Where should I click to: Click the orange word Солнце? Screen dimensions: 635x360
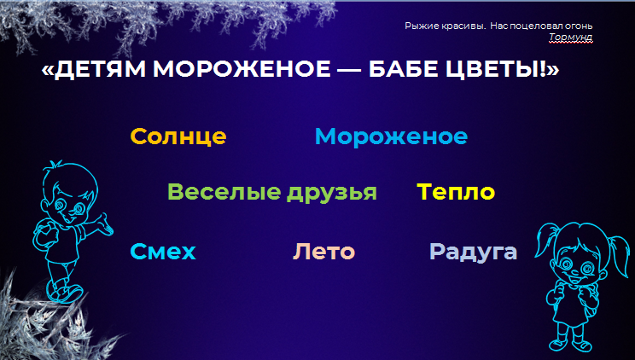coord(178,136)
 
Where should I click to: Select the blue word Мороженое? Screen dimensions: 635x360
coord(391,136)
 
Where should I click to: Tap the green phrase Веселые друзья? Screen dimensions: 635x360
coord(272,192)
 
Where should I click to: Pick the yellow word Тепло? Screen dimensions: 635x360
coord(456,192)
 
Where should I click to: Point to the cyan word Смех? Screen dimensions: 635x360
coord(163,252)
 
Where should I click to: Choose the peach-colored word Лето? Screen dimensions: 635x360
coord(323,252)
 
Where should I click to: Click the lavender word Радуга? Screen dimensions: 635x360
coord(473,252)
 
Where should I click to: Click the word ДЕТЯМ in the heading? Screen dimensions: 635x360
coord(100,69)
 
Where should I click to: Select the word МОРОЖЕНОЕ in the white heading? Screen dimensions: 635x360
coord(242,69)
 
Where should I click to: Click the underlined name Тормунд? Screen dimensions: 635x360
coord(571,38)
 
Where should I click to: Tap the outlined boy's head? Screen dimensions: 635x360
coord(70,194)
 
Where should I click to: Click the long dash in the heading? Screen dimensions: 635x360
coord(350,71)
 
